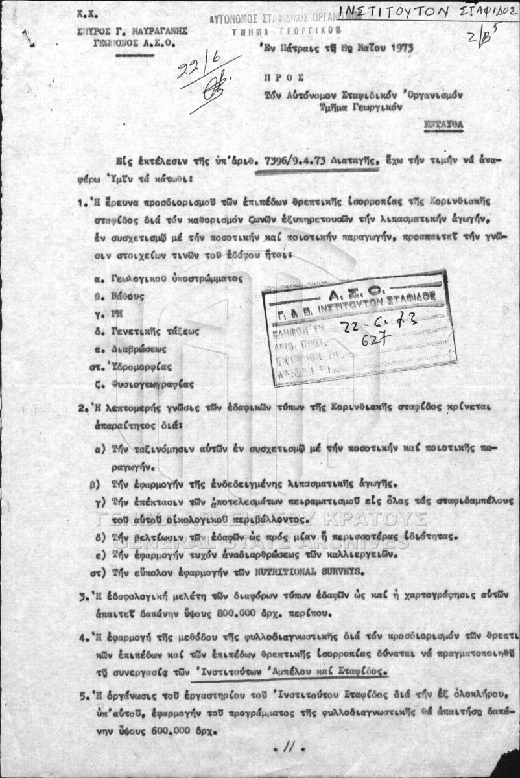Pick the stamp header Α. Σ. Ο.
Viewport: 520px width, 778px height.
point(355,286)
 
